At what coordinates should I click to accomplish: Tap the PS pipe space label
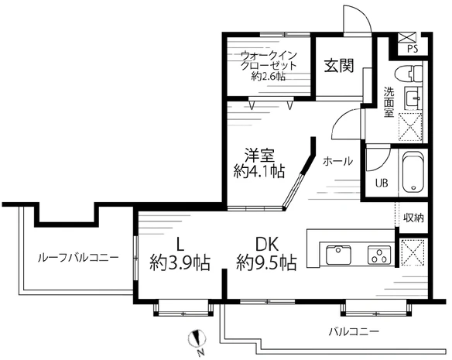[x=413, y=49]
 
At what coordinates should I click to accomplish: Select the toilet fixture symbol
[x=406, y=74]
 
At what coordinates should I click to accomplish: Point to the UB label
[x=381, y=183]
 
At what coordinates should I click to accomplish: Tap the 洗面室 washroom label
[x=389, y=101]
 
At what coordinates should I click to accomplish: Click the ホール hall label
[x=337, y=162]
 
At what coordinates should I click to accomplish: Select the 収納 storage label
[x=413, y=218]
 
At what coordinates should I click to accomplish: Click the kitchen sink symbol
[x=338, y=254]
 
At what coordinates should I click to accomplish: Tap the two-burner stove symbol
[x=377, y=254]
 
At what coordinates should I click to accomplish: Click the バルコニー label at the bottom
[x=353, y=331]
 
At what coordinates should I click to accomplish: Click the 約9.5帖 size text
[x=266, y=262]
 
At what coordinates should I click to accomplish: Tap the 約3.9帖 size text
[x=180, y=262]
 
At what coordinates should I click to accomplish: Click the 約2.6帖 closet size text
[x=263, y=76]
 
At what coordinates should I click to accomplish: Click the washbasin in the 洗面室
[x=413, y=98]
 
